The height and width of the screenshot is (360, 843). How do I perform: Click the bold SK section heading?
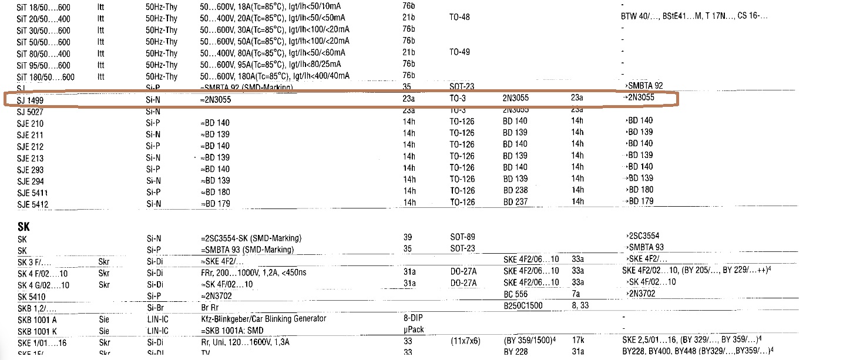click(23, 226)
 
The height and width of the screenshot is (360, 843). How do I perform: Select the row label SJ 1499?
click(30, 100)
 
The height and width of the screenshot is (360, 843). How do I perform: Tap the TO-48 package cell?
click(459, 18)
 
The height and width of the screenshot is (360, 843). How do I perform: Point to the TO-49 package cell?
click(459, 52)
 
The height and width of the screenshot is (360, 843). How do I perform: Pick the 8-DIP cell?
click(414, 318)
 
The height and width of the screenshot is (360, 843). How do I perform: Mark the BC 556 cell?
click(516, 294)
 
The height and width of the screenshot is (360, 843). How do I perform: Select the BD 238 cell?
click(515, 190)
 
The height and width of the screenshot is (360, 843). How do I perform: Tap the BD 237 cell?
click(515, 202)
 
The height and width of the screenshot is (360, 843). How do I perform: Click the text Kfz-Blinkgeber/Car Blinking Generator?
click(263, 319)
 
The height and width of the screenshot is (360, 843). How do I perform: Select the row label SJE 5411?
click(33, 193)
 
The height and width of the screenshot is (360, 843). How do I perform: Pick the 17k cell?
click(578, 341)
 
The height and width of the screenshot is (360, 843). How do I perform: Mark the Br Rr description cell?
click(209, 307)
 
